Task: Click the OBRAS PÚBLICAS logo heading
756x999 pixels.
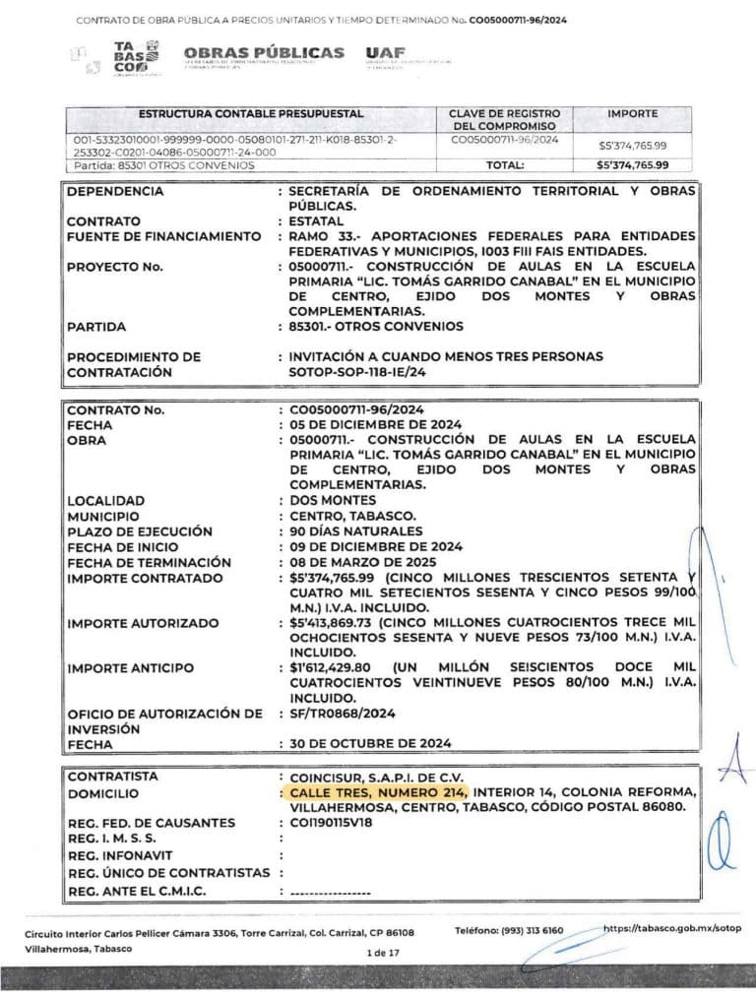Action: click(263, 53)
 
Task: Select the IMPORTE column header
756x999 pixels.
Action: click(632, 114)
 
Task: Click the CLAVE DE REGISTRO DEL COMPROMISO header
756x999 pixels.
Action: click(505, 120)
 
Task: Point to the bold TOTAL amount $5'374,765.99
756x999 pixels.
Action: click(632, 165)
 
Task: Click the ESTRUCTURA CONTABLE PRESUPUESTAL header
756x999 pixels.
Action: click(251, 114)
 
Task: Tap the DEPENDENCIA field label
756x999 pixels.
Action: click(115, 191)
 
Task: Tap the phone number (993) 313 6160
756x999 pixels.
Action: click(528, 930)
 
